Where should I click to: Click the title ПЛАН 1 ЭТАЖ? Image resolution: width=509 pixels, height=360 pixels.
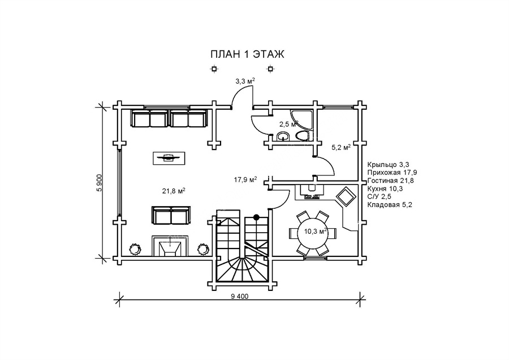point(247,54)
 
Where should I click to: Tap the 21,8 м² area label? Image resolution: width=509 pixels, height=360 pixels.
point(174,191)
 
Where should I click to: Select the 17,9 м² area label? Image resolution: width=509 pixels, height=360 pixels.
point(245,180)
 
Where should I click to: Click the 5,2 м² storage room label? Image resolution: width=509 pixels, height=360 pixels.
point(340,148)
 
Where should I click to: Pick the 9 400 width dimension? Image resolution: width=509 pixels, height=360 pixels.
point(240,297)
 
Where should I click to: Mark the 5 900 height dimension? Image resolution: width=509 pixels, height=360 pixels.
point(100,182)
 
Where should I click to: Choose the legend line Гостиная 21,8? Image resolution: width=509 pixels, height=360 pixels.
point(391,180)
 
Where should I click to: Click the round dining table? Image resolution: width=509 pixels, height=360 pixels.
point(312,232)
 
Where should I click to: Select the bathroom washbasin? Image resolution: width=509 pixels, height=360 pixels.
point(283,136)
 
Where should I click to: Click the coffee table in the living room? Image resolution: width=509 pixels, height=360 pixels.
point(168,158)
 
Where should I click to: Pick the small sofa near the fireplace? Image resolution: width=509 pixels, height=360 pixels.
point(170,216)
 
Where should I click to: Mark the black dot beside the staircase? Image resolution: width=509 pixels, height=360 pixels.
point(256,217)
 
